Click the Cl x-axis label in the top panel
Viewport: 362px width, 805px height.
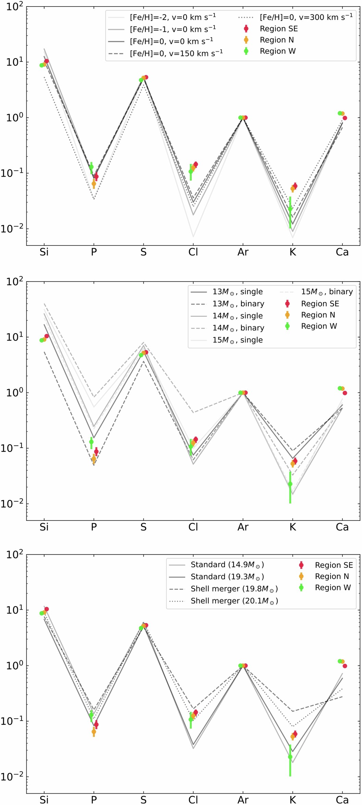tap(193, 252)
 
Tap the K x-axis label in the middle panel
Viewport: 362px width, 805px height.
tap(292, 527)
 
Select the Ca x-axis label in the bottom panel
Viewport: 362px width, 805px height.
tap(342, 800)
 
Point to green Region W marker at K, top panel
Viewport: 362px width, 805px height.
tap(290, 208)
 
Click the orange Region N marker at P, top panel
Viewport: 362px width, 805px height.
tap(94, 184)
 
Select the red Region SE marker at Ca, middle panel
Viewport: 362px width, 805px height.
tap(345, 393)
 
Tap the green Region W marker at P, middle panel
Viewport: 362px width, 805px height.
tap(91, 442)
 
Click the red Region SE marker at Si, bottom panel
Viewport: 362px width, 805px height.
tap(47, 609)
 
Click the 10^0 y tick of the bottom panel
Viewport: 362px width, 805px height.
tap(14, 666)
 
